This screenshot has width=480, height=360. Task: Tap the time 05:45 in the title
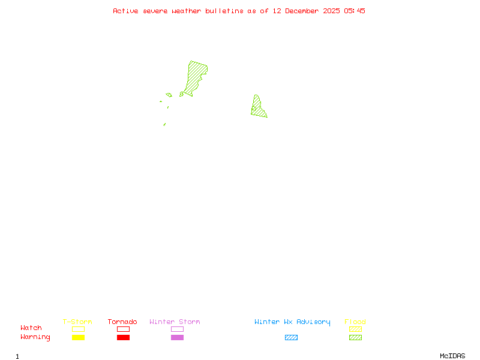[x=355, y=11]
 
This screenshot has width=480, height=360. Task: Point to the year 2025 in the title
[x=332, y=11]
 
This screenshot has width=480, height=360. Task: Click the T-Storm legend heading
[x=77, y=322]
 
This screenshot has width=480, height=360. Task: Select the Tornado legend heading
[x=122, y=322]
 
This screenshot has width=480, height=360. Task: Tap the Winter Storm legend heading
[x=175, y=322]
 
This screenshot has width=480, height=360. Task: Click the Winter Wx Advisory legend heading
[x=292, y=322]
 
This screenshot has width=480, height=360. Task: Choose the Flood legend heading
[x=355, y=322]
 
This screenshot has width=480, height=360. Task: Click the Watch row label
[x=31, y=328]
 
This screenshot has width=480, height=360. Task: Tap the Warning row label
[x=35, y=337]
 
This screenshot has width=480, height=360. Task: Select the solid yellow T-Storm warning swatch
[x=78, y=337]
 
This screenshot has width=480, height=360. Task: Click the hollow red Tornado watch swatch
[x=123, y=329]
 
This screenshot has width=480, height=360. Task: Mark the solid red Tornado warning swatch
[x=123, y=337]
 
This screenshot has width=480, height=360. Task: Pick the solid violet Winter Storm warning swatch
[x=177, y=337]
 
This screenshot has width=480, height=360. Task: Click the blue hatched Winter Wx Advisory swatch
[x=291, y=337]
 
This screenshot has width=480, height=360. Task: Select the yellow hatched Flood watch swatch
[x=355, y=329]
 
